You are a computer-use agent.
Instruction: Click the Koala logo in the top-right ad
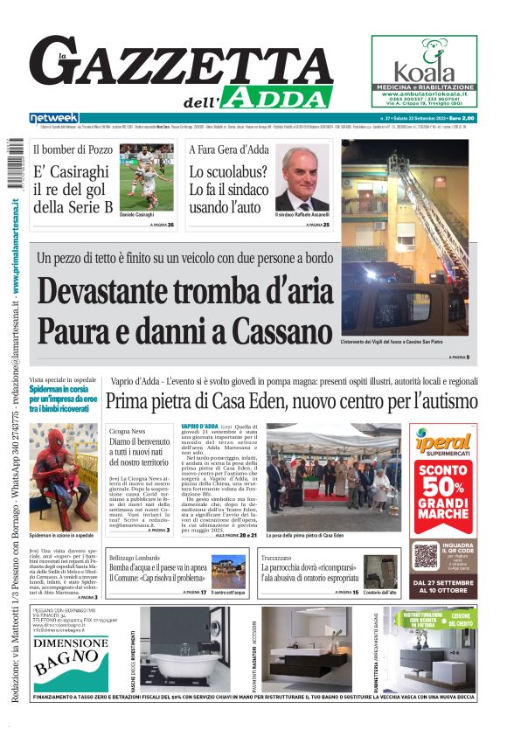pyautogui.click(x=423, y=67)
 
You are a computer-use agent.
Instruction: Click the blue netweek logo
pyautogui.click(x=54, y=117)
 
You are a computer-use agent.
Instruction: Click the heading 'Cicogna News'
pyautogui.click(x=128, y=432)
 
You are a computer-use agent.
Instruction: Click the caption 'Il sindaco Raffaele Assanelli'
pyautogui.click(x=302, y=214)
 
